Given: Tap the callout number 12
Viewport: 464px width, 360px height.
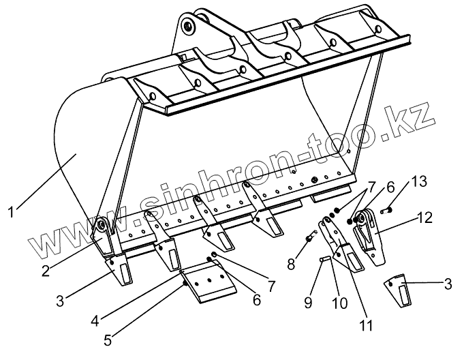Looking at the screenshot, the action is [424, 217].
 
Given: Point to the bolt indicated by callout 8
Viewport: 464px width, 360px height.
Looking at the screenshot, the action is [308, 237].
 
